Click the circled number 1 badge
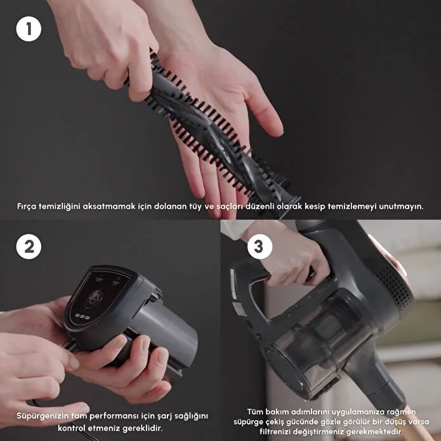pyautogui.click(x=29, y=29)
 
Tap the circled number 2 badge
pyautogui.click(x=29, y=247)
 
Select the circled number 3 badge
pyautogui.click(x=260, y=247)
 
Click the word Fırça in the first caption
pyautogui.click(x=27, y=207)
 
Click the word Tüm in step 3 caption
pyautogui.click(x=255, y=412)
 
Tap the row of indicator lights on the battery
pyautogui.click(x=82, y=317)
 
